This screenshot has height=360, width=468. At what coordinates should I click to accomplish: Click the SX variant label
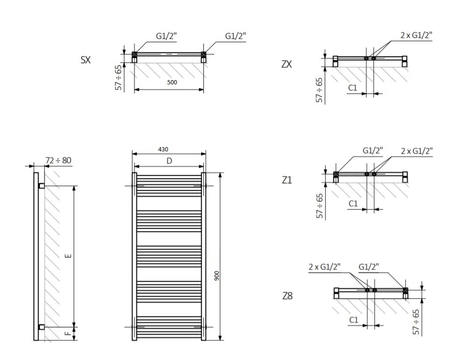pos(85,60)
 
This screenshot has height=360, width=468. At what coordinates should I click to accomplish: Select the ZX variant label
pos(286,64)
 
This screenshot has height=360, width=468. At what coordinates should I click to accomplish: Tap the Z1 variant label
pos(287,180)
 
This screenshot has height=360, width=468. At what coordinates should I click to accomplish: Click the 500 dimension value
pos(172,82)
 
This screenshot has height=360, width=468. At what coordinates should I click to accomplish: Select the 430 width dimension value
pos(163,149)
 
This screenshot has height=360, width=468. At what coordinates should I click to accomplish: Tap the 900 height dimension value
pos(216,276)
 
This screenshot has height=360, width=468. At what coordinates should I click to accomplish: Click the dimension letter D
pos(170,160)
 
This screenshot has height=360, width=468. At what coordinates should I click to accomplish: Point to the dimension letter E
pos(68,255)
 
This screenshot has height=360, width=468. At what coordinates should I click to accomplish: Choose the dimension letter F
pos(68,333)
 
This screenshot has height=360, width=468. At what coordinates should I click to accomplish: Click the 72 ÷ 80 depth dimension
pos(58,160)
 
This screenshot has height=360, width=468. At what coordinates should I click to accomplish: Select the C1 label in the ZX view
pos(353,88)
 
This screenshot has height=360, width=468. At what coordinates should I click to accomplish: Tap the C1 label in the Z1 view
pos(353,203)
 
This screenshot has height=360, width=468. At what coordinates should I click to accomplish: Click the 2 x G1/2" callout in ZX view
pos(416,35)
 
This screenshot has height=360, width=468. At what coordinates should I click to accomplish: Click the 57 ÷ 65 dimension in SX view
pos(118,77)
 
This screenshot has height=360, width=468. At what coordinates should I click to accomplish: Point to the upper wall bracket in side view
pos(42,186)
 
